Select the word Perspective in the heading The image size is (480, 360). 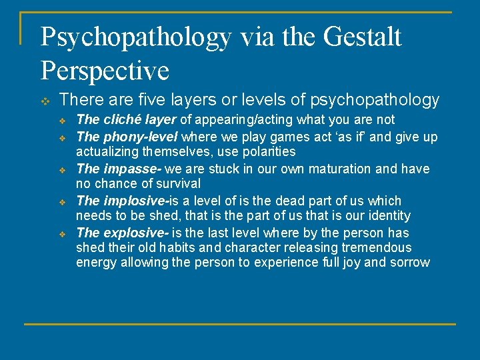[105, 69]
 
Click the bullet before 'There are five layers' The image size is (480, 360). [45, 101]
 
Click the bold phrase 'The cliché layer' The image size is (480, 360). [126, 120]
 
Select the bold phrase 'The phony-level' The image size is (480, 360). [127, 137]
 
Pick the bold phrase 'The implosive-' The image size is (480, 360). [122, 201]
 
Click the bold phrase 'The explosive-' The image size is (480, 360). [123, 233]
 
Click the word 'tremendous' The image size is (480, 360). [377, 247]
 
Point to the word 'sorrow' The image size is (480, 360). [410, 262]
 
